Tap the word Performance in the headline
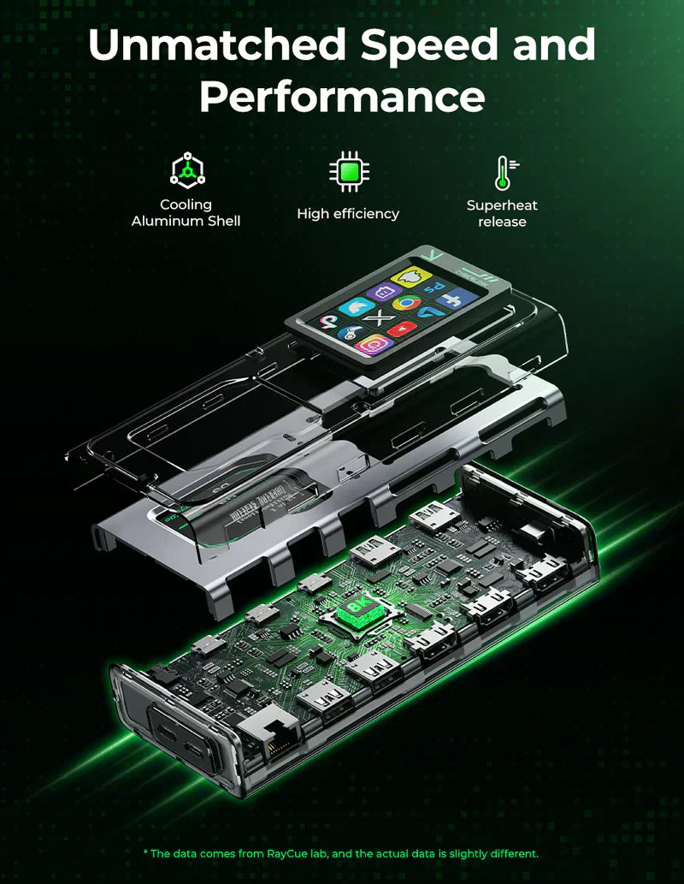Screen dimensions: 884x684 pos(342,97)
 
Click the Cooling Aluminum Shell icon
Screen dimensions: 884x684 pos(186,171)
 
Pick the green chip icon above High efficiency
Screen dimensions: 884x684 pos(348,172)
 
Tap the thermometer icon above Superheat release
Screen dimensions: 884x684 pos(504,172)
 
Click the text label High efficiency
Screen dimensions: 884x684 pos(348,214)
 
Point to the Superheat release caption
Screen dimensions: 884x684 pos(502,214)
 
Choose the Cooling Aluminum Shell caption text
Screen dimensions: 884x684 pos(186,213)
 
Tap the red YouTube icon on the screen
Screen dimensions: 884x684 pos(402,329)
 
